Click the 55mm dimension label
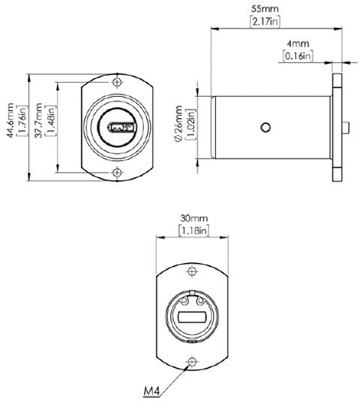tap(265, 9)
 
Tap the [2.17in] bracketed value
tap(265, 21)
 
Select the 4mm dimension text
tap(298, 44)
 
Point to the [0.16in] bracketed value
tap(298, 56)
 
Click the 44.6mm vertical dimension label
tap(10, 120)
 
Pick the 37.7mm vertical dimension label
tap(38, 120)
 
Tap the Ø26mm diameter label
tap(178, 124)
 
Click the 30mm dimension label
tap(193, 219)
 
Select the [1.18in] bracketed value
tap(193, 231)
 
